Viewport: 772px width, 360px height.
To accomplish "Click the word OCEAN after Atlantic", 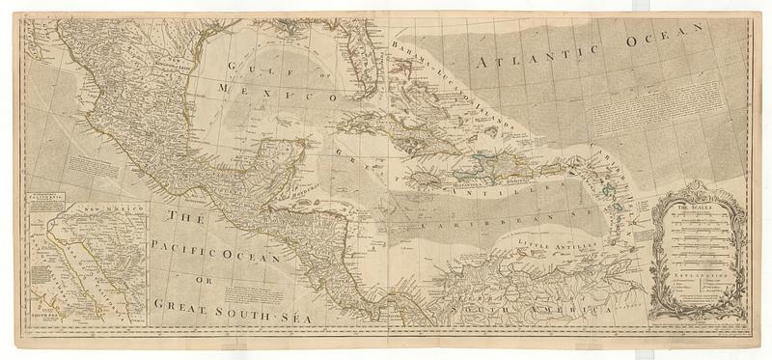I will click(x=655, y=39).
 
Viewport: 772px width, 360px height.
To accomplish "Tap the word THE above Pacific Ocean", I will click(x=182, y=219).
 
